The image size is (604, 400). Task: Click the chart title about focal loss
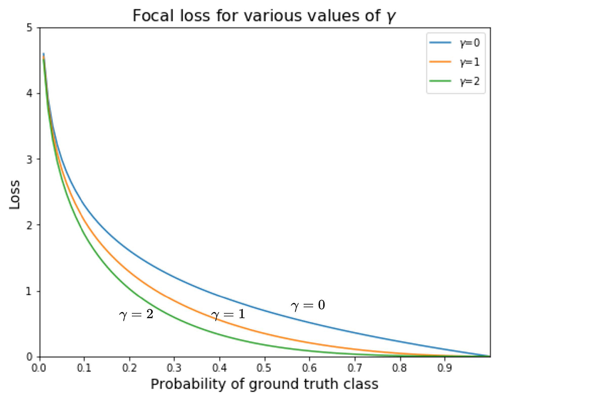pyautogui.click(x=264, y=16)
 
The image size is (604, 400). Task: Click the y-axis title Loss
pyautogui.click(x=15, y=194)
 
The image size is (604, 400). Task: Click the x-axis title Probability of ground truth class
pyautogui.click(x=264, y=384)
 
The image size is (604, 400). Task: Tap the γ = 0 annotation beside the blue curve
pyautogui.click(x=308, y=305)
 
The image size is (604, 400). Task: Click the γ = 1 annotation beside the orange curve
pyautogui.click(x=228, y=314)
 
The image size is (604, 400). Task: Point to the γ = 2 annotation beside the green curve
pyautogui.click(x=136, y=314)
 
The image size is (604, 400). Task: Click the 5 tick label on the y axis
pyautogui.click(x=30, y=28)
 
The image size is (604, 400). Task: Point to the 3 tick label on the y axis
pyautogui.click(x=30, y=159)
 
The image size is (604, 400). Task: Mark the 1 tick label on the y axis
pyautogui.click(x=30, y=291)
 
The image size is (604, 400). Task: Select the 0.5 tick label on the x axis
pyautogui.click(x=264, y=368)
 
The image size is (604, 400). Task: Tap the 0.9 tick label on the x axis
pyautogui.click(x=444, y=368)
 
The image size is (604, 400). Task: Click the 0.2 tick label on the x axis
pyautogui.click(x=129, y=368)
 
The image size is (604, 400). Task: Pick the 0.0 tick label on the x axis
pyautogui.click(x=39, y=368)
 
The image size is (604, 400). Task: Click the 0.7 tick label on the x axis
pyautogui.click(x=354, y=368)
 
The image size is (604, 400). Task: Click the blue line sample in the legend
pyautogui.click(x=440, y=43)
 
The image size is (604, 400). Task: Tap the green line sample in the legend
pyautogui.click(x=440, y=81)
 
